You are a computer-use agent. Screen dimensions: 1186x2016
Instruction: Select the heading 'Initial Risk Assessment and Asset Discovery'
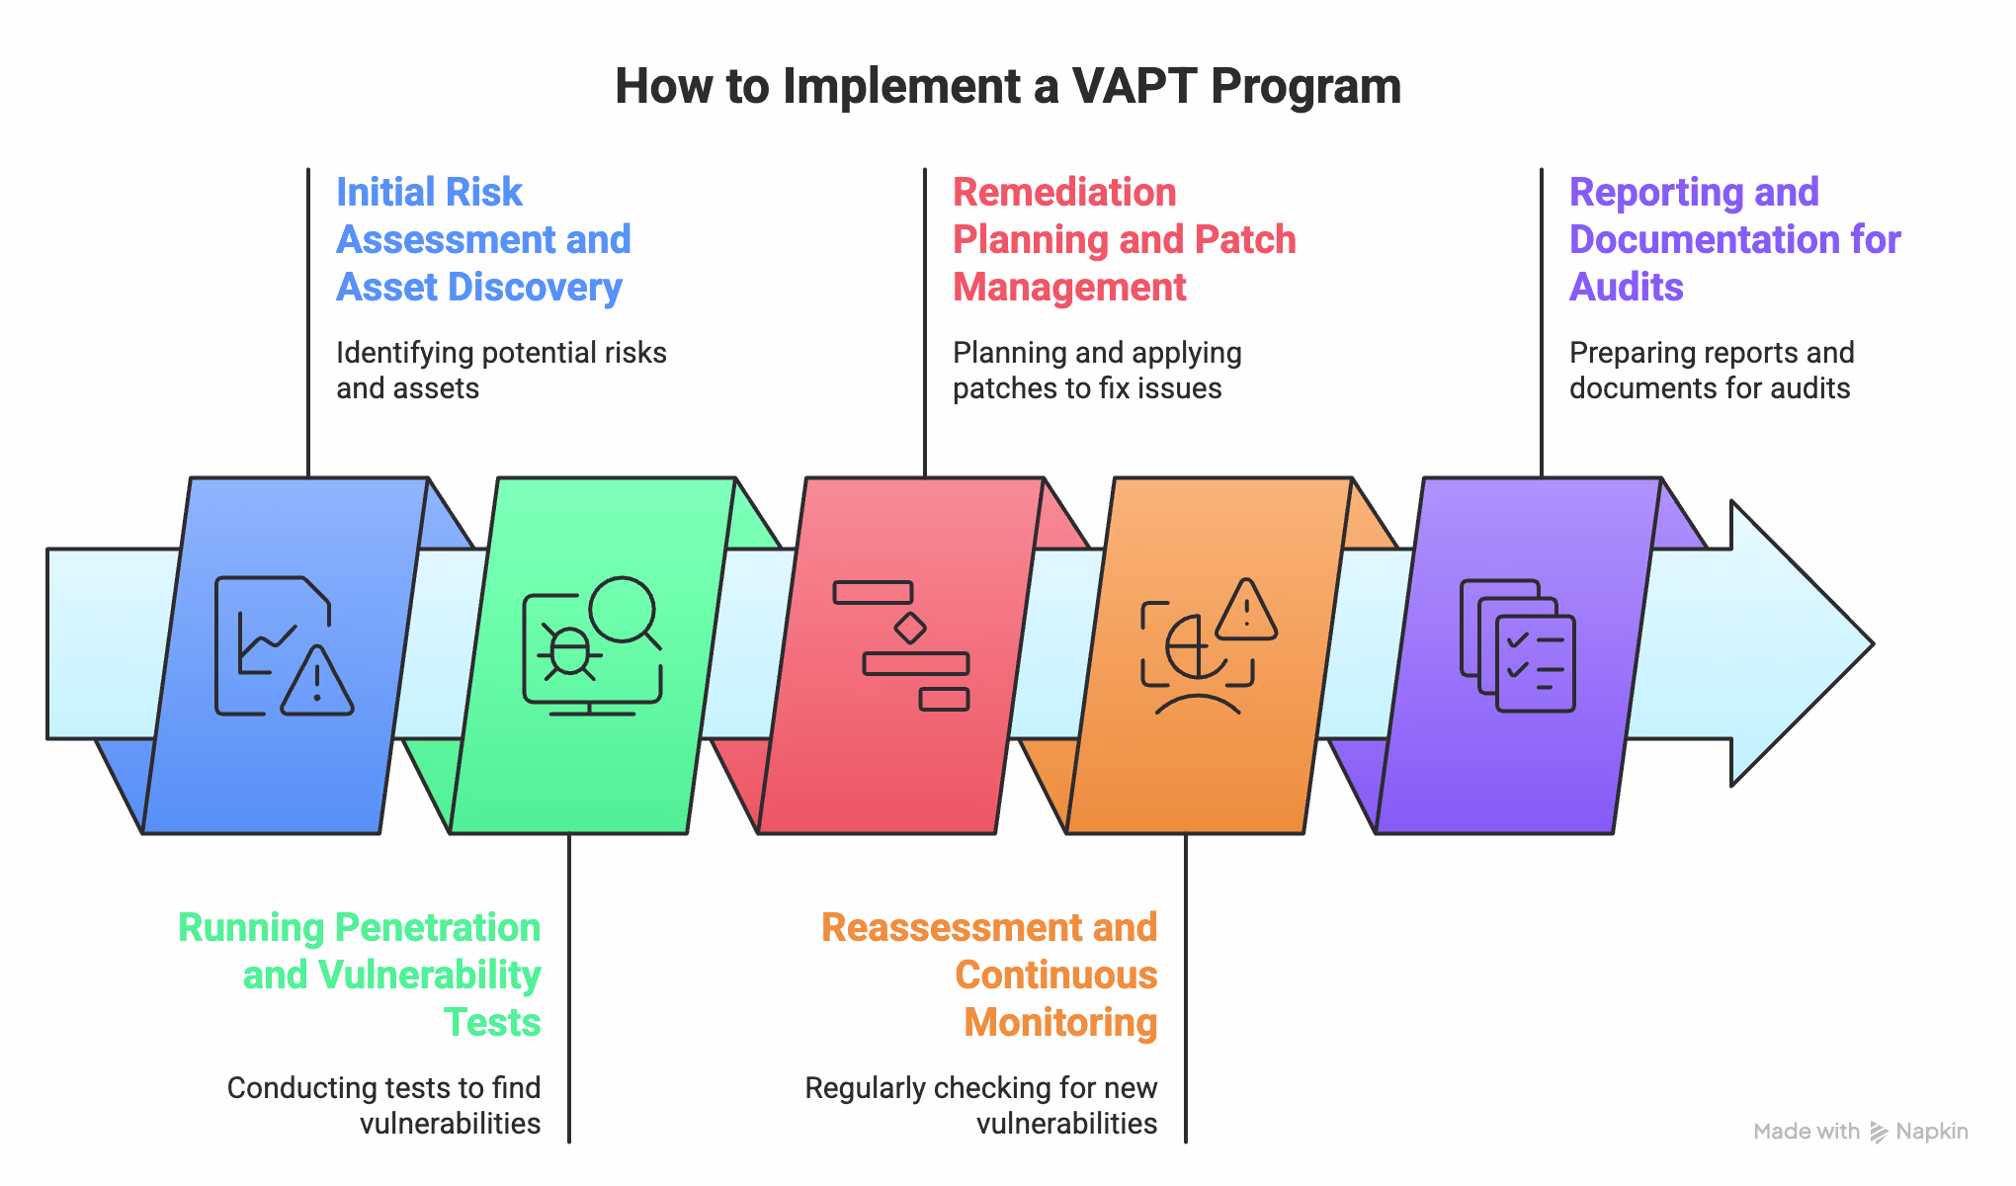[x=483, y=239]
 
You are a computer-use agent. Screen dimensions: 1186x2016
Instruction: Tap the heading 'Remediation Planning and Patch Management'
[x=1124, y=239]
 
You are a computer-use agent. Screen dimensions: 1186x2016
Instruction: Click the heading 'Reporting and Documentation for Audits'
[x=1734, y=239]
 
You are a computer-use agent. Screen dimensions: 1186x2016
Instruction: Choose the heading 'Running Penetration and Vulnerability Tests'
[x=360, y=974]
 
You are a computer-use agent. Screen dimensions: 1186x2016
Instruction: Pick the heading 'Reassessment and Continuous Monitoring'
[x=990, y=974]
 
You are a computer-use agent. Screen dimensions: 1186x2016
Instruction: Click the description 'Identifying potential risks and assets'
[x=501, y=371]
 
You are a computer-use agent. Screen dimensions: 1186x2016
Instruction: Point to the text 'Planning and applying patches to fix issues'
[x=1097, y=371]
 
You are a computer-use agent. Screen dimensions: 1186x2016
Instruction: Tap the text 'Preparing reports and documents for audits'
[x=1712, y=371]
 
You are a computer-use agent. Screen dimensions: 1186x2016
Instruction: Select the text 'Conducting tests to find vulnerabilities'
[x=384, y=1105]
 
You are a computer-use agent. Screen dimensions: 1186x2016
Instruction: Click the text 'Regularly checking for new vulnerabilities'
[x=981, y=1105]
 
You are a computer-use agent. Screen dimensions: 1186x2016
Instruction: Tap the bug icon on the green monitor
[x=569, y=652]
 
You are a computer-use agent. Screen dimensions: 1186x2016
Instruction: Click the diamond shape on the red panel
[x=909, y=628]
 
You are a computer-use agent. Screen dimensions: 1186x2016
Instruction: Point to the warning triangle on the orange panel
[x=1246, y=612]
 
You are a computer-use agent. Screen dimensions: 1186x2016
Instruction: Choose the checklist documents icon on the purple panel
[x=1518, y=646]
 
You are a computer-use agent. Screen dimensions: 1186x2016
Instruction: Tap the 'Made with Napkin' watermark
[x=1860, y=1132]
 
